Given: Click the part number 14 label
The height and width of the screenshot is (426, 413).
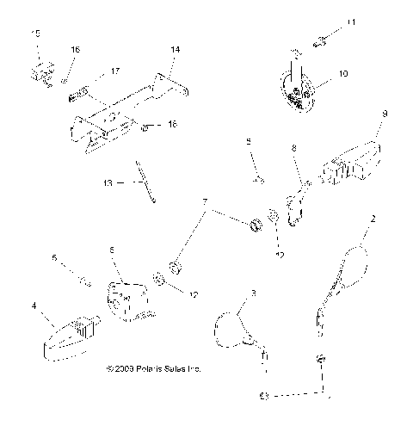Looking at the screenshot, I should click(175, 51).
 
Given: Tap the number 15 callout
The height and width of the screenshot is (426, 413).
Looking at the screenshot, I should click(35, 33).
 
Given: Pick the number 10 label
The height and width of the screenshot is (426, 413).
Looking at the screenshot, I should click(342, 75).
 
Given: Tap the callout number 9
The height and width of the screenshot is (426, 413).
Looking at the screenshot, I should click(385, 113).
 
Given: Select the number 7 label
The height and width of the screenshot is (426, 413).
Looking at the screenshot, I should click(204, 202).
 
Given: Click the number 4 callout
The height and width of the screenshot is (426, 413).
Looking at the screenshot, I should click(34, 304).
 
